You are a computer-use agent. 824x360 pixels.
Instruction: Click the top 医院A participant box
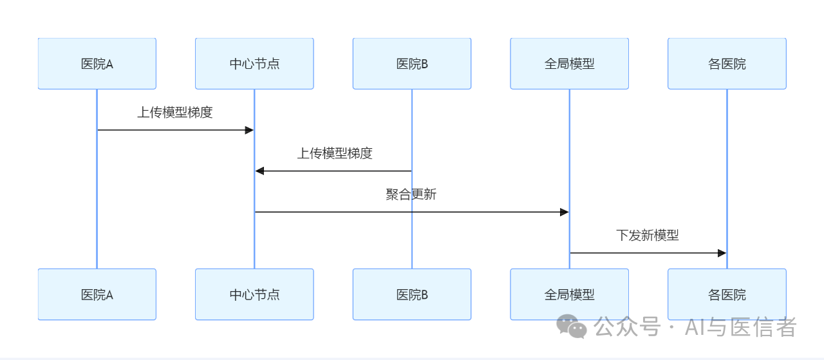(97, 64)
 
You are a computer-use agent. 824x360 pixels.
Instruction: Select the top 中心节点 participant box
(254, 64)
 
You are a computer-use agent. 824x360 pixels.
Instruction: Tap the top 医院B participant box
(412, 64)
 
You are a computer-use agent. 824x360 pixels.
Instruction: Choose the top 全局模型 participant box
(569, 64)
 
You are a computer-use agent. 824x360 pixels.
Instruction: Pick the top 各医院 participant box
(727, 64)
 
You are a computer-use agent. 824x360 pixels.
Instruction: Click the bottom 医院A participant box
(97, 294)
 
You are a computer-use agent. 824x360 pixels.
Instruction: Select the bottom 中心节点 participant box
(254, 294)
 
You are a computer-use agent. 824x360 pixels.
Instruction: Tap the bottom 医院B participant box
(412, 294)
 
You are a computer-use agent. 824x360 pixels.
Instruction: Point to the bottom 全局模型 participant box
(569, 294)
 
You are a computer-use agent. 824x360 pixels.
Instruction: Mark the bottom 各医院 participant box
(727, 294)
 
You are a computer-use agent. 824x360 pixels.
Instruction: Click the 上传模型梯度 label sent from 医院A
(174, 112)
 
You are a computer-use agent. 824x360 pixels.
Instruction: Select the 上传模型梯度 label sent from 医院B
(334, 153)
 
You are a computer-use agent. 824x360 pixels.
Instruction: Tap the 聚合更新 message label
(411, 194)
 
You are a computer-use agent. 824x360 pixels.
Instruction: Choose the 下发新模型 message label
(647, 235)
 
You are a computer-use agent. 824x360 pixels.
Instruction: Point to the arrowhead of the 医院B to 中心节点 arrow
(259, 171)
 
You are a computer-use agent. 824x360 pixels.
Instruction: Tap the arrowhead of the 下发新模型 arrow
(722, 253)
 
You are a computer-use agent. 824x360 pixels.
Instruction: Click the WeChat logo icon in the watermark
(572, 327)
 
